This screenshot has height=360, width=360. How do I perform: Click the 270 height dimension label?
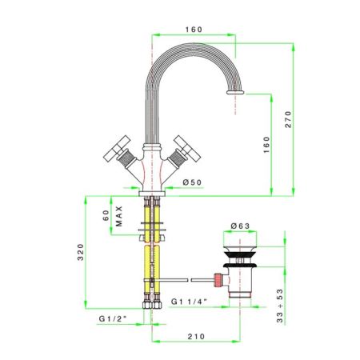(289, 119)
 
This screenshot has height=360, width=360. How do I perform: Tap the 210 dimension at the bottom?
(196, 337)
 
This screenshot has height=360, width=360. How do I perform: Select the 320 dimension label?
(80, 252)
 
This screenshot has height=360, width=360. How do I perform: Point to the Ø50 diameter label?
(192, 182)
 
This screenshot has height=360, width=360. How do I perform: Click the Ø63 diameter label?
(240, 226)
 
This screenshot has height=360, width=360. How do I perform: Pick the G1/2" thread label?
(113, 318)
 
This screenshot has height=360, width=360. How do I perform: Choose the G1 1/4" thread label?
(189, 302)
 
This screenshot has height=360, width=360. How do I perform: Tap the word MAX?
(119, 216)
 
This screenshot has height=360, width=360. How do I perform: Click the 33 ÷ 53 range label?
(280, 306)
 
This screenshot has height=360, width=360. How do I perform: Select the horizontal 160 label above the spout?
(194, 30)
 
